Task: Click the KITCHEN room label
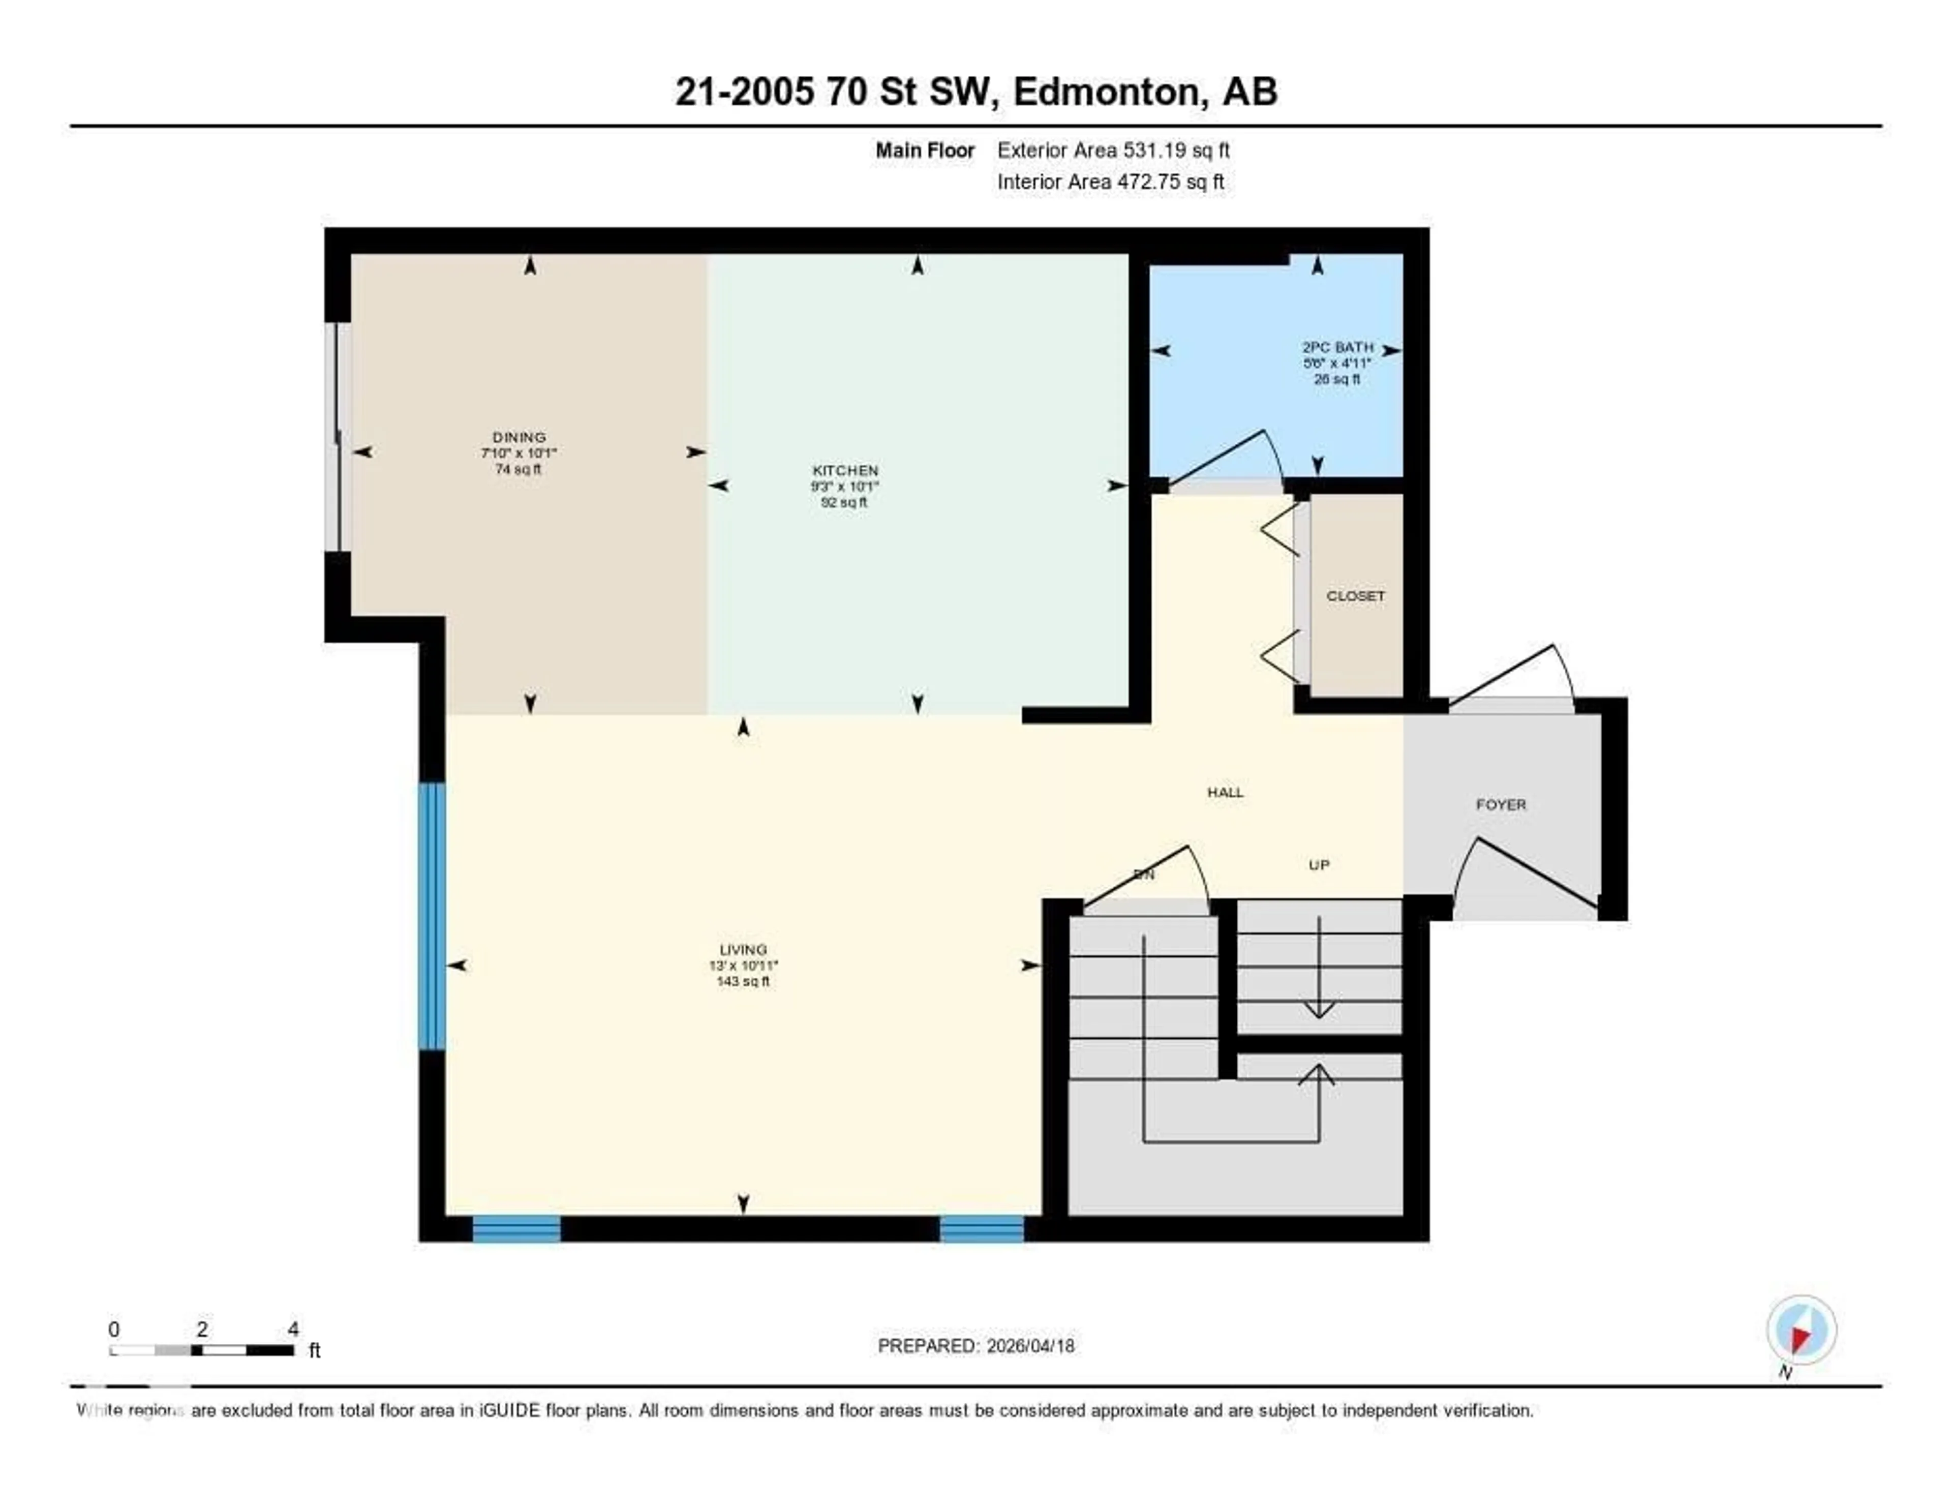845,470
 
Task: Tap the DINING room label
518,437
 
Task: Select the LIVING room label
743,949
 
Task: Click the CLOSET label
1355,595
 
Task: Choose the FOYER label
1501,804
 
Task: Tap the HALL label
1225,792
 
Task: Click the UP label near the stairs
1318,864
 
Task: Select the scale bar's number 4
293,1329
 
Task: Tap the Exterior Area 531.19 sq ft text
1113,150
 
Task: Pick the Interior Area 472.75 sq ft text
1110,182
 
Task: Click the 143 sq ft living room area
743,981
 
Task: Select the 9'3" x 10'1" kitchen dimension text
845,486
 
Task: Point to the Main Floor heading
924,150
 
